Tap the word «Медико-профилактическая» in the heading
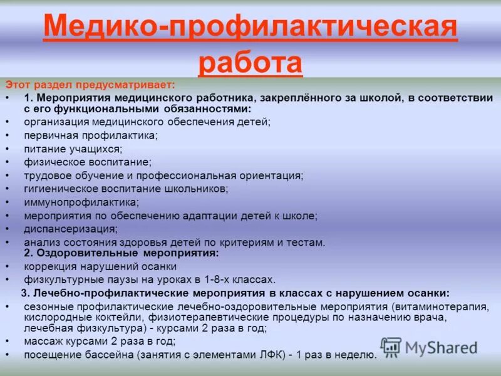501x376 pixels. coord(250,27)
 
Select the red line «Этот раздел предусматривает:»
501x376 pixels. coord(91,83)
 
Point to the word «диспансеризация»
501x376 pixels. coord(71,229)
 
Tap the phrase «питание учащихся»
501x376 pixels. coord(73,149)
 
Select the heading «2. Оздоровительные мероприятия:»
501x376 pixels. coord(121,253)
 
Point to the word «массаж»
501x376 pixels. coord(44,342)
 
